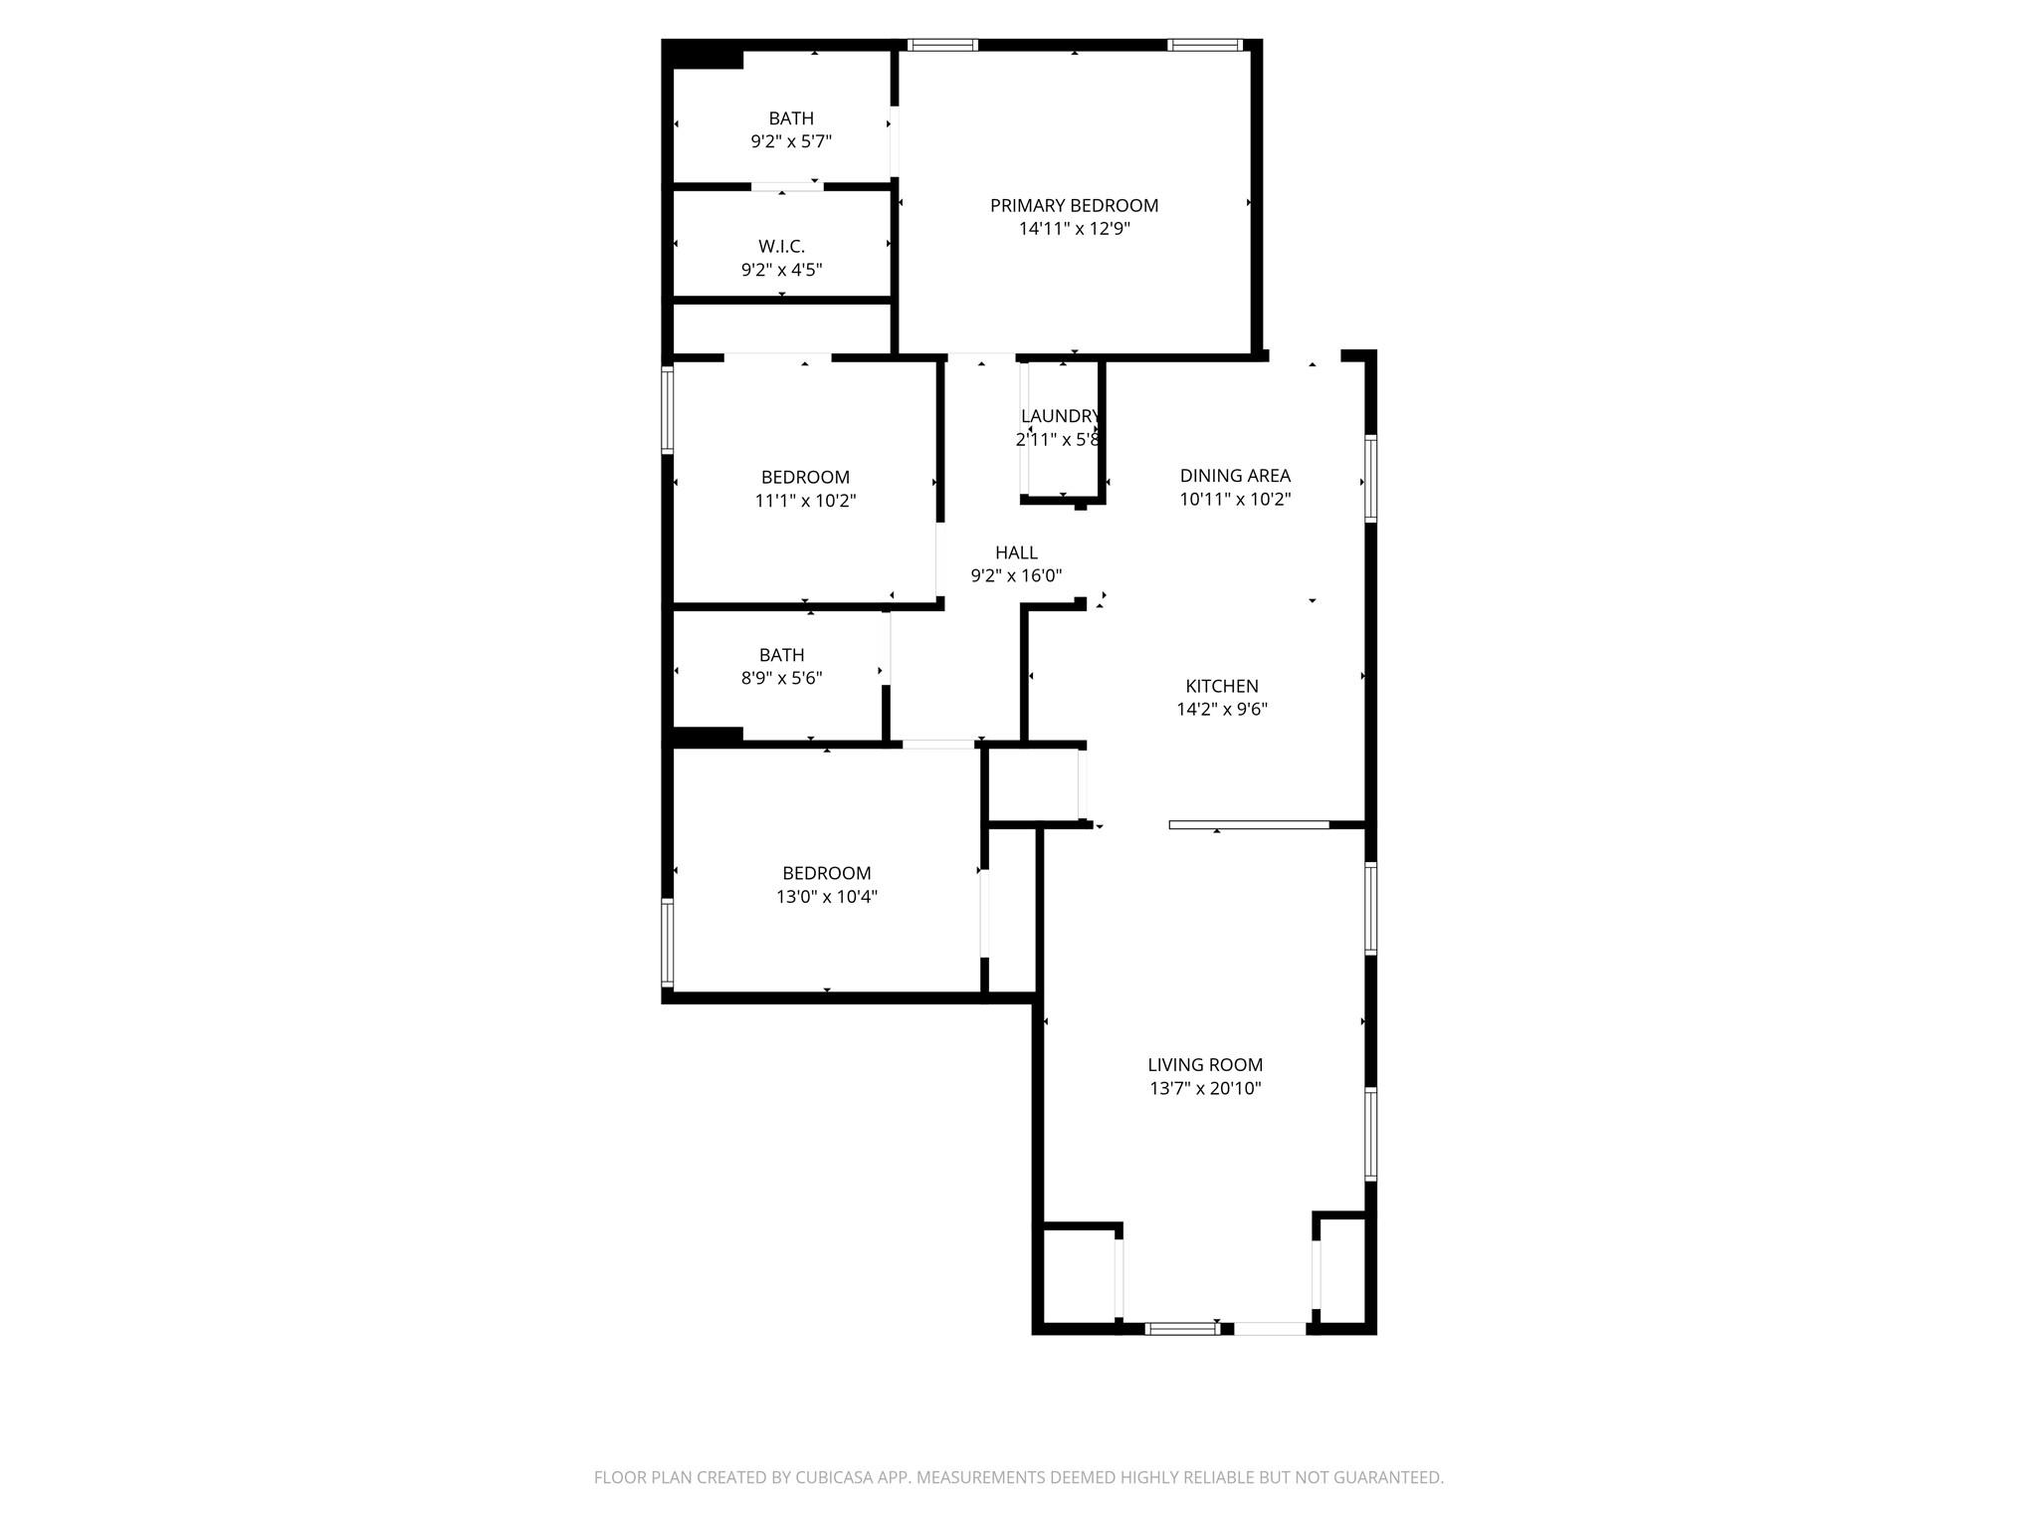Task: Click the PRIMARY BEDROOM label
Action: coord(1074,205)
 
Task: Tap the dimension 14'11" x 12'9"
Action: coord(1074,229)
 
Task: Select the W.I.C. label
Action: coord(781,246)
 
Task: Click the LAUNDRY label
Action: coord(1059,416)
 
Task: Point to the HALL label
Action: coord(1016,552)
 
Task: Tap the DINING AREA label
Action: coord(1235,476)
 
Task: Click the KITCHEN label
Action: coord(1222,686)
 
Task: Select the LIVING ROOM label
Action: coord(1205,1064)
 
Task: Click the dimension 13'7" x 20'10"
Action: coord(1205,1088)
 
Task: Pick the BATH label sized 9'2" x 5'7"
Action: coord(791,118)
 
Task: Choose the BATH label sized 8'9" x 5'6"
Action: coord(781,655)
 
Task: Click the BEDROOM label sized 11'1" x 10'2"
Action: coord(805,477)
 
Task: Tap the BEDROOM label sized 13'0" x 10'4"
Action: coord(826,873)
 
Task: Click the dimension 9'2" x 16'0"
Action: coord(1016,575)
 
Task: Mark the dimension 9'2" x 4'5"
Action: coord(781,270)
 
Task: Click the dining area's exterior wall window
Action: coord(1370,479)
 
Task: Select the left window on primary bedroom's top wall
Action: coord(942,45)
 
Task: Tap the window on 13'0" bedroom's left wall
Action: coord(668,942)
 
